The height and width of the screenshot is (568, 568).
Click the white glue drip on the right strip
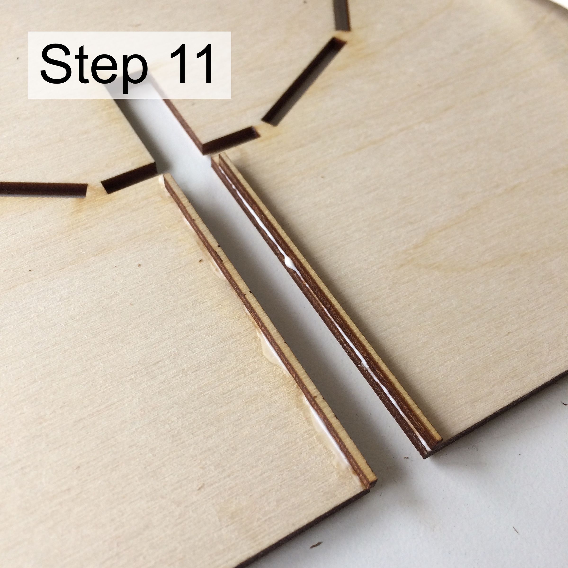pos(289,261)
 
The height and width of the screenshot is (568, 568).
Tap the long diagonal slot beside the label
pos(304,81)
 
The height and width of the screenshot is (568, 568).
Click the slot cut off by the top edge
pos(342,15)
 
